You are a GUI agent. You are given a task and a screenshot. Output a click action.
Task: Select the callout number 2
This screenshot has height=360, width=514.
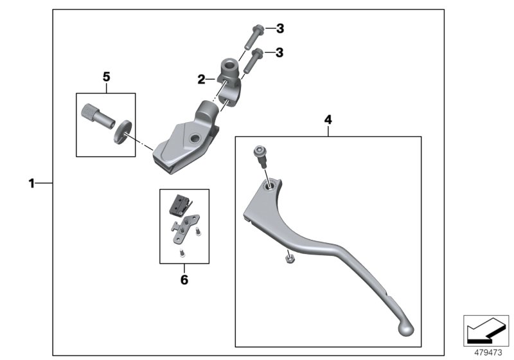[201, 80]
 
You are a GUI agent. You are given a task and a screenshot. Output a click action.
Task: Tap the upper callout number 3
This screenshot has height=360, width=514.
[279, 28]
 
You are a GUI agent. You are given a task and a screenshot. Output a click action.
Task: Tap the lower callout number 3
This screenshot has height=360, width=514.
[279, 53]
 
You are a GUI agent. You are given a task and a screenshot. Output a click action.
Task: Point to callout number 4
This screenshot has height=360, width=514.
[328, 120]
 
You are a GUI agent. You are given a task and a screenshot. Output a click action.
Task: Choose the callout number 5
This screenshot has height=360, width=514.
[106, 76]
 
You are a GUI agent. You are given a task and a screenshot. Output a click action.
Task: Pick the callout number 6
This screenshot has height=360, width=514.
[184, 280]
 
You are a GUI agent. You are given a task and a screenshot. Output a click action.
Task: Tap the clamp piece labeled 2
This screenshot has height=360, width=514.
[229, 75]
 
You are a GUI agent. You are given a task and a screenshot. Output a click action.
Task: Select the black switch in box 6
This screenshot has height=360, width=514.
[179, 204]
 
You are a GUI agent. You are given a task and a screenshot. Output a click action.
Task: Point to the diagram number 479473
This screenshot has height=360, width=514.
[486, 352]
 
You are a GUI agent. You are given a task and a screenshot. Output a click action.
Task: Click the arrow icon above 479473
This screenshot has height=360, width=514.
[486, 330]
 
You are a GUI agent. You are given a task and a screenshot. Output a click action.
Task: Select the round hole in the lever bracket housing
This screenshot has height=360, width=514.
[194, 138]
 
